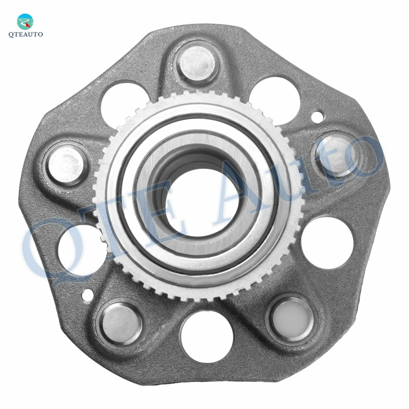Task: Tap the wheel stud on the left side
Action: pyautogui.click(x=67, y=164)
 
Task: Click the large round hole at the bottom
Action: pyautogui.click(x=207, y=337)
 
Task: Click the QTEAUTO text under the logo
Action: pyautogui.click(x=26, y=35)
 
